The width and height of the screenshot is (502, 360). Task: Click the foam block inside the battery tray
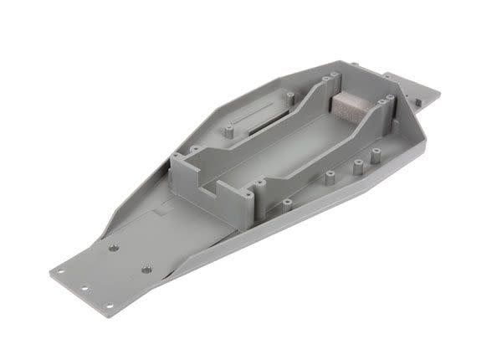pos(350,109)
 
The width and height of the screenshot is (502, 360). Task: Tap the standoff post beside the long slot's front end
pos(226,132)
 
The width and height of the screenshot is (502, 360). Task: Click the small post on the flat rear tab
pos(413,99)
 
